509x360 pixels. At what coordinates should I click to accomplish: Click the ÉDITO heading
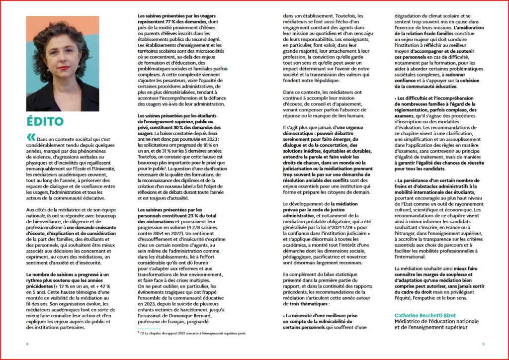[45, 121]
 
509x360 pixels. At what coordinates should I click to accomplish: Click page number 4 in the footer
[27, 344]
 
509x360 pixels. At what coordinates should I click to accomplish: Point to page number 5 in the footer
[483, 344]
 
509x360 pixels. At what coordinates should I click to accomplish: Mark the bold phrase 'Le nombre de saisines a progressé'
[60, 274]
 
